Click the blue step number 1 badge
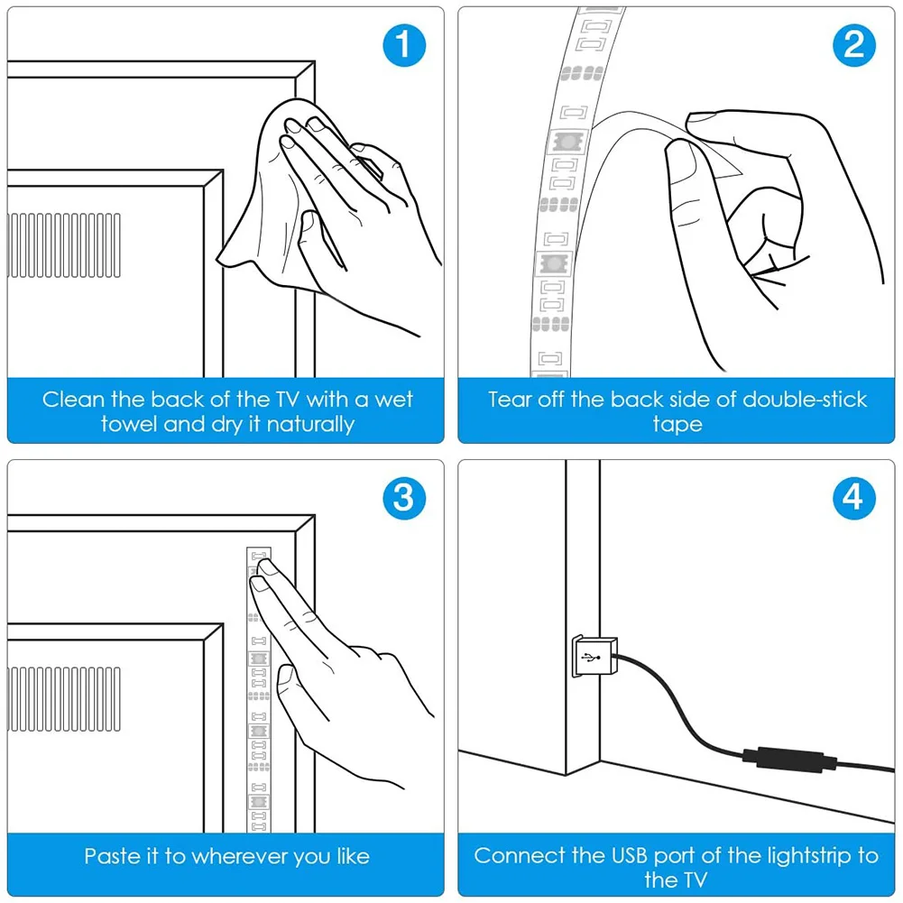point(403,45)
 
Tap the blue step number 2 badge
point(853,45)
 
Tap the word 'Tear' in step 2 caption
point(510,399)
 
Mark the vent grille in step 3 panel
point(63,699)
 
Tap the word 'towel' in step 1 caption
point(129,424)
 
